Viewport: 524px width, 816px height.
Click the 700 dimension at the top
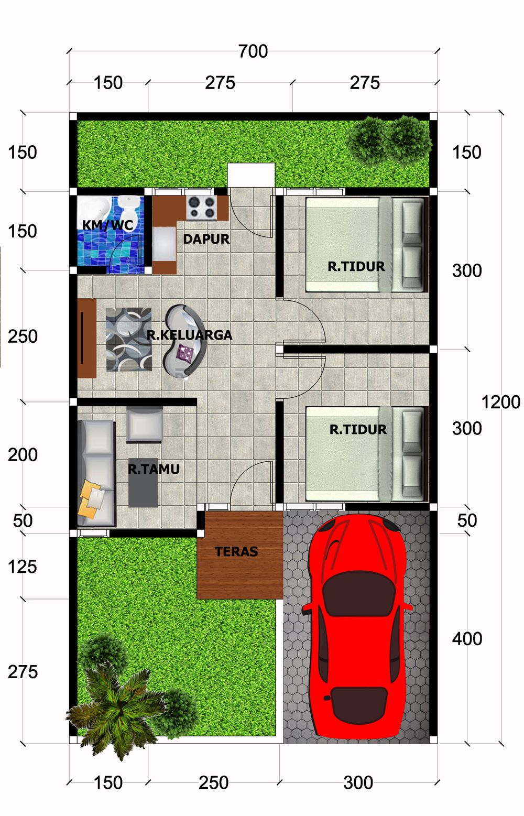point(253,51)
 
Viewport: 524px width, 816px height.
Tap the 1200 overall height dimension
point(501,402)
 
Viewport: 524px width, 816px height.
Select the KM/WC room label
point(108,225)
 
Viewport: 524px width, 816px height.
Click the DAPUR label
point(206,239)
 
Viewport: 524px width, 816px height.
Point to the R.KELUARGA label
point(189,335)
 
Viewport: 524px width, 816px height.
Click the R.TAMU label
point(154,469)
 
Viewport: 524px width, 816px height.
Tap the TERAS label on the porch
point(236,551)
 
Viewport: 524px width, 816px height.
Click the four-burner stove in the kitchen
point(202,208)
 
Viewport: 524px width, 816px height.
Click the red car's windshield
point(359,593)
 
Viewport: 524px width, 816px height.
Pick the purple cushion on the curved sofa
point(185,353)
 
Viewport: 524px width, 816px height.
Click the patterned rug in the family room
point(129,340)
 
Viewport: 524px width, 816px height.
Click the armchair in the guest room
point(145,425)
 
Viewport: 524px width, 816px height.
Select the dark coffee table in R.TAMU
point(143,483)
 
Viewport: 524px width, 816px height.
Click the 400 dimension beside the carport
point(467,639)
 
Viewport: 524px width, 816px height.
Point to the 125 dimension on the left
point(23,567)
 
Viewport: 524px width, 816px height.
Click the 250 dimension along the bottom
point(213,782)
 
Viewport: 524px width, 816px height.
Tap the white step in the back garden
point(251,175)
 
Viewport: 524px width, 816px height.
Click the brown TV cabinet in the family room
point(86,338)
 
